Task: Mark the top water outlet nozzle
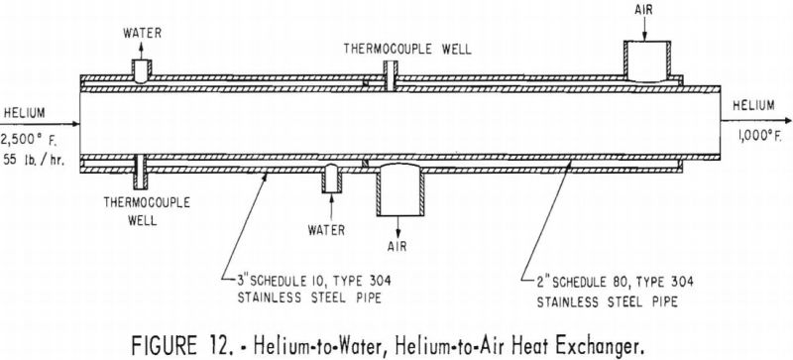pos(143,67)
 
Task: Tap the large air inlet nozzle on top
pos(645,58)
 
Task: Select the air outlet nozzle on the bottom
pos(399,189)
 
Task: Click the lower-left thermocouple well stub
pos(143,170)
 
